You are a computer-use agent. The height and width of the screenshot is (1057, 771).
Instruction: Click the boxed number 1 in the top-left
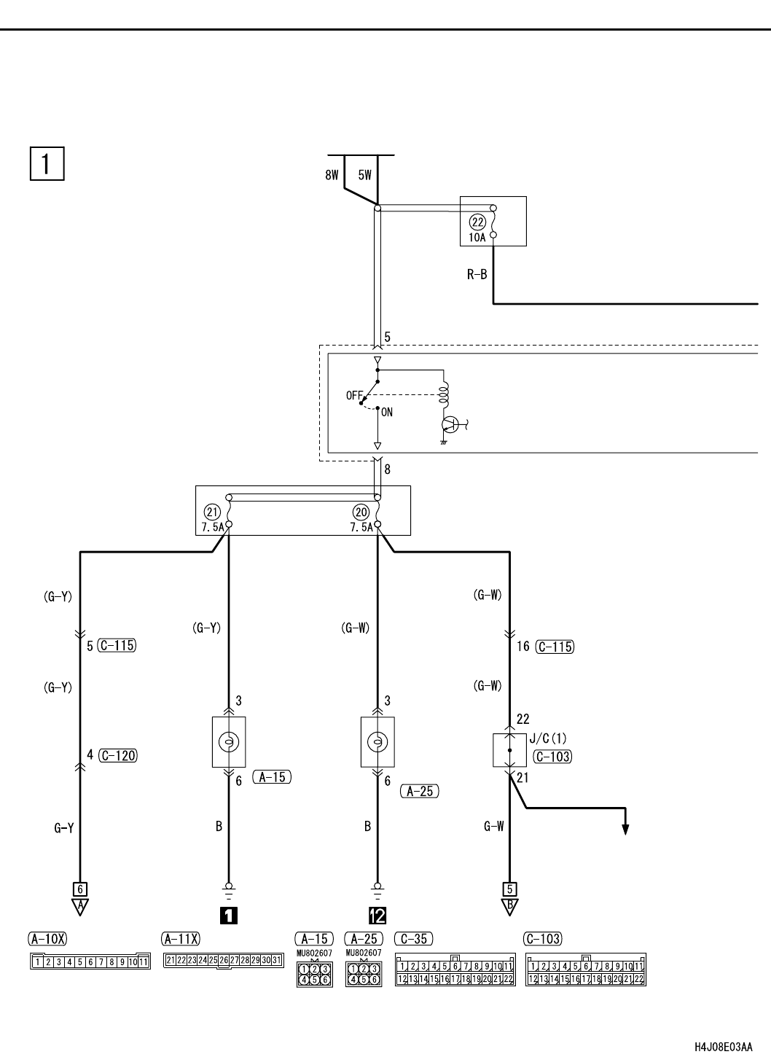pyautogui.click(x=47, y=164)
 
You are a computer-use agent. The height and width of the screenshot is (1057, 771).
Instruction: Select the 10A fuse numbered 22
pyautogui.click(x=493, y=222)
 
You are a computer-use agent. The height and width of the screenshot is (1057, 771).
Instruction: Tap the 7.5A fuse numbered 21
pyautogui.click(x=229, y=510)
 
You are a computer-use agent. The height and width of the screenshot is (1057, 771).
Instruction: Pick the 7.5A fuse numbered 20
pyautogui.click(x=377, y=510)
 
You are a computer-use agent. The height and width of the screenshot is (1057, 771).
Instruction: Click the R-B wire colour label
pyautogui.click(x=477, y=274)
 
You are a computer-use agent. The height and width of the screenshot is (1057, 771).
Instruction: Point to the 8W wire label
pyautogui.click(x=332, y=175)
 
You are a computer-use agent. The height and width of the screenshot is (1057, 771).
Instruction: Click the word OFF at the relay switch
pyautogui.click(x=354, y=395)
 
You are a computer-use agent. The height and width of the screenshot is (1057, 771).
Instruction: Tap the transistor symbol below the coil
pyautogui.click(x=451, y=425)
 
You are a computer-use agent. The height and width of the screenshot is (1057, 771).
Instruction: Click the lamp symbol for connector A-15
pyautogui.click(x=229, y=742)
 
